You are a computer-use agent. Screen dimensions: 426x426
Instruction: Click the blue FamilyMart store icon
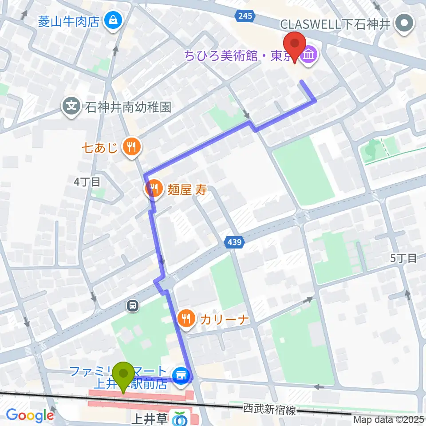tap(181, 375)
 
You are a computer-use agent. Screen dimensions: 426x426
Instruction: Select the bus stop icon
tap(132, 305)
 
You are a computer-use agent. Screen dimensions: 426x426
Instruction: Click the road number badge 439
tap(233, 242)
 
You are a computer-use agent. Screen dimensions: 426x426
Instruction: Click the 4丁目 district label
tap(87, 181)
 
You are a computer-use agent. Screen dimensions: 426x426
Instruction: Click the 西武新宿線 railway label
tap(269, 410)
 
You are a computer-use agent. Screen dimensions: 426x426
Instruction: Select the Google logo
tap(30, 416)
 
